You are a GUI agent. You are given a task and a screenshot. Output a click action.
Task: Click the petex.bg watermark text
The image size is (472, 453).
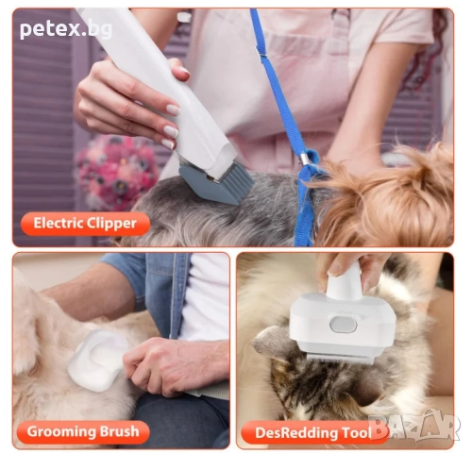point(65,29)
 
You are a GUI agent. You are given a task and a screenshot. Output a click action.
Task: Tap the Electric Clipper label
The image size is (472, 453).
point(85,224)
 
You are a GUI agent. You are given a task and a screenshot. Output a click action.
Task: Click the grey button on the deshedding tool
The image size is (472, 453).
point(345,324)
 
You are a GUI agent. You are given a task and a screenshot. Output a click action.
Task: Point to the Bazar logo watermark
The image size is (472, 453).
point(423,426)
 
